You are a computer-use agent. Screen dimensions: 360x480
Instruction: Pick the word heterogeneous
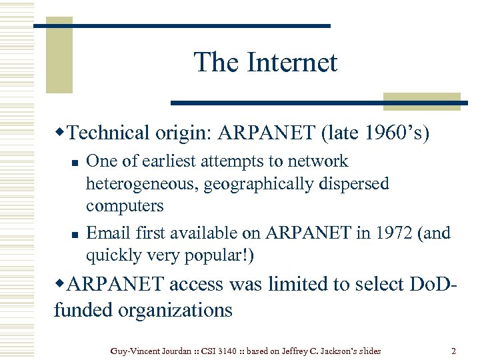click(141, 183)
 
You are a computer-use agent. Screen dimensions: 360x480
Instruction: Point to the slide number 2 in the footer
click(453, 351)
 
